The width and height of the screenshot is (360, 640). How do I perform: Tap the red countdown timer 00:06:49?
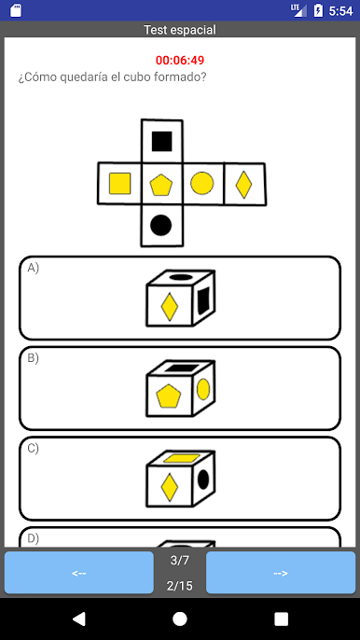(x=180, y=61)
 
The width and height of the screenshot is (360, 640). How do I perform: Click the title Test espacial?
(x=180, y=30)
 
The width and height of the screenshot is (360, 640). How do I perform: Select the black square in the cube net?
(x=161, y=141)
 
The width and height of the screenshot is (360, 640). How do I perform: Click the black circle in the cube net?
(x=161, y=225)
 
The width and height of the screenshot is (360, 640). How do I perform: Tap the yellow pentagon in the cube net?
(x=161, y=184)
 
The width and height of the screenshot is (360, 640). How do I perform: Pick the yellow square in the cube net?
(x=119, y=184)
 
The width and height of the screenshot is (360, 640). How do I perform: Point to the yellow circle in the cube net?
(x=202, y=184)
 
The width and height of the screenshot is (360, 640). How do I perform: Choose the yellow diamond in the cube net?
(x=243, y=184)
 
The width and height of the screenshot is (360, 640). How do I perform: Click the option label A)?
(x=34, y=268)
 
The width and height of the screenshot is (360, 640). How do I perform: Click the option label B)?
(x=34, y=358)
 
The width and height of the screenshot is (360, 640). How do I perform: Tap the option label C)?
(x=34, y=448)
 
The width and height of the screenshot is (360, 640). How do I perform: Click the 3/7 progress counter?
(x=179, y=560)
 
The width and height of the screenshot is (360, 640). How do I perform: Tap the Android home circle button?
(x=180, y=619)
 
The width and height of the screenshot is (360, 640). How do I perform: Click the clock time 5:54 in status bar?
(x=340, y=10)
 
